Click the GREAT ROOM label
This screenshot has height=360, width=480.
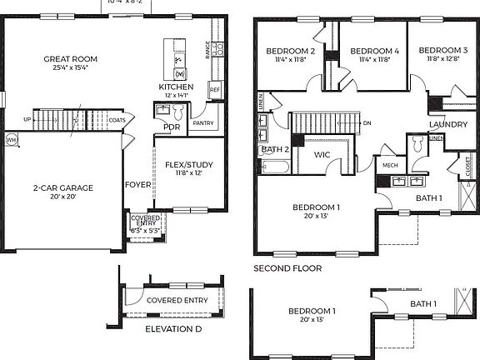pyautogui.click(x=71, y=59)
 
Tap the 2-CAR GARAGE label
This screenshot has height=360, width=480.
pyautogui.click(x=63, y=187)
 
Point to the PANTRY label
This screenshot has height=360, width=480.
pyautogui.click(x=202, y=122)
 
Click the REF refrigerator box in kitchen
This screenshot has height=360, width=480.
pyautogui.click(x=214, y=89)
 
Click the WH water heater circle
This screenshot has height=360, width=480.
pyautogui.click(x=11, y=140)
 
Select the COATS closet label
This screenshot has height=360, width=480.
pyautogui.click(x=117, y=120)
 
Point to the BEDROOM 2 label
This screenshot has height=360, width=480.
pyautogui.click(x=290, y=52)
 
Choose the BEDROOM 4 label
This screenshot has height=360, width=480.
pyautogui.click(x=374, y=52)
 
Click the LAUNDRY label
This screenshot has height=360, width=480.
pyautogui.click(x=447, y=125)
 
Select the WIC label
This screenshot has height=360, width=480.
pyautogui.click(x=323, y=155)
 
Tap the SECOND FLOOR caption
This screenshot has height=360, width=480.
pyautogui.click(x=289, y=269)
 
